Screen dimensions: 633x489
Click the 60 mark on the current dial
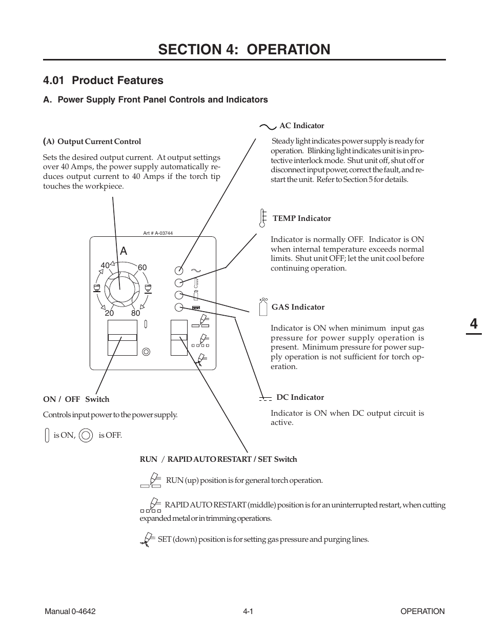pos(142,268)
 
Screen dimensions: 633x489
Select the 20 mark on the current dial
pos(109,313)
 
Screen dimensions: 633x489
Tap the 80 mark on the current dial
pos(135,313)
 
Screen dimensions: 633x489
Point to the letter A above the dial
pos(123,251)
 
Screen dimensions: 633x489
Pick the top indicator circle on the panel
pos(179,270)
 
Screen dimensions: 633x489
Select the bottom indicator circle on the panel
pos(179,307)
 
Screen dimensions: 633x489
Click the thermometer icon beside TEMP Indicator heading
pos(262,218)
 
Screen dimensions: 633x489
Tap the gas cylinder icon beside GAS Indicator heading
pos(263,307)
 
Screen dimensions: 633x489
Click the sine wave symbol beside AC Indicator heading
pos(268,126)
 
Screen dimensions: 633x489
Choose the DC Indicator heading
pos(300,397)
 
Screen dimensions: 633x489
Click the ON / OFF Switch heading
pos(76,399)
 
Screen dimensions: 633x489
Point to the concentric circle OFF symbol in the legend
pos(87,435)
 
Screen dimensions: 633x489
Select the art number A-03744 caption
pos(158,233)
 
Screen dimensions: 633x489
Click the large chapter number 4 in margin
pos(473,324)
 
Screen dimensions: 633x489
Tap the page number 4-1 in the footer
pos(249,611)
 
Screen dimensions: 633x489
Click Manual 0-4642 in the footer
pos(70,611)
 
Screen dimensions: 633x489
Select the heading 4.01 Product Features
pos(104,80)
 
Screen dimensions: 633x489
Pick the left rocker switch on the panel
pos(123,337)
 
